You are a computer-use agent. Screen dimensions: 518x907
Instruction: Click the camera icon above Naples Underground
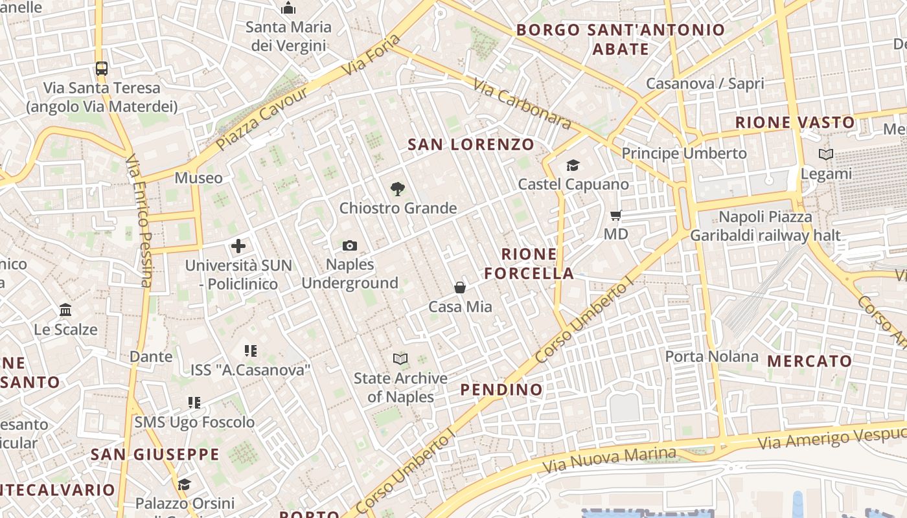pos(350,245)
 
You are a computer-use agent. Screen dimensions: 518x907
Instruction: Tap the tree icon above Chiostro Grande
pos(398,189)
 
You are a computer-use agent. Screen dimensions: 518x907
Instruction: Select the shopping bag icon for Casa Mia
pos(460,287)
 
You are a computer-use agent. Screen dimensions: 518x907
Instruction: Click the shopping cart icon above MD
pos(615,215)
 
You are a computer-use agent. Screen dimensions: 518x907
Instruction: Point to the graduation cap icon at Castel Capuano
pos(573,166)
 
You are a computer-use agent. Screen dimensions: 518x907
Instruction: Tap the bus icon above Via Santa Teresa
pos(102,68)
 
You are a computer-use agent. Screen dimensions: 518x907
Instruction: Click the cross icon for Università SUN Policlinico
pos(238,246)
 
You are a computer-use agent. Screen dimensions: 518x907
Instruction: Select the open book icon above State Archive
pos(400,359)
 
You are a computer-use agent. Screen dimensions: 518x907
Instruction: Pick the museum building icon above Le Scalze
pos(65,310)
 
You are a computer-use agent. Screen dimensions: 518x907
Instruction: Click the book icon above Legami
pos(825,155)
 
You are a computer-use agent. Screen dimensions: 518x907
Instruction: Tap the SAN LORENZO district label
pos(471,144)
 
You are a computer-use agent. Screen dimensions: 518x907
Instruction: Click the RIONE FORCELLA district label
pos(529,264)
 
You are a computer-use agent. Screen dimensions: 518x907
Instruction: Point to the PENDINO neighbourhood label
pos(501,389)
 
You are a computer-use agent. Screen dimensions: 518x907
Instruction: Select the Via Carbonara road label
pos(522,104)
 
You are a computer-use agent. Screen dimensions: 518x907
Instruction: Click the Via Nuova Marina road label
pos(609,459)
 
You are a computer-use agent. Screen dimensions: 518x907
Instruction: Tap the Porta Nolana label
pos(711,356)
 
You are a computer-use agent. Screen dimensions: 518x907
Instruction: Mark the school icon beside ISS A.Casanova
pos(251,351)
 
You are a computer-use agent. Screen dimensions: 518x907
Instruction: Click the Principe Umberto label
pos(684,153)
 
